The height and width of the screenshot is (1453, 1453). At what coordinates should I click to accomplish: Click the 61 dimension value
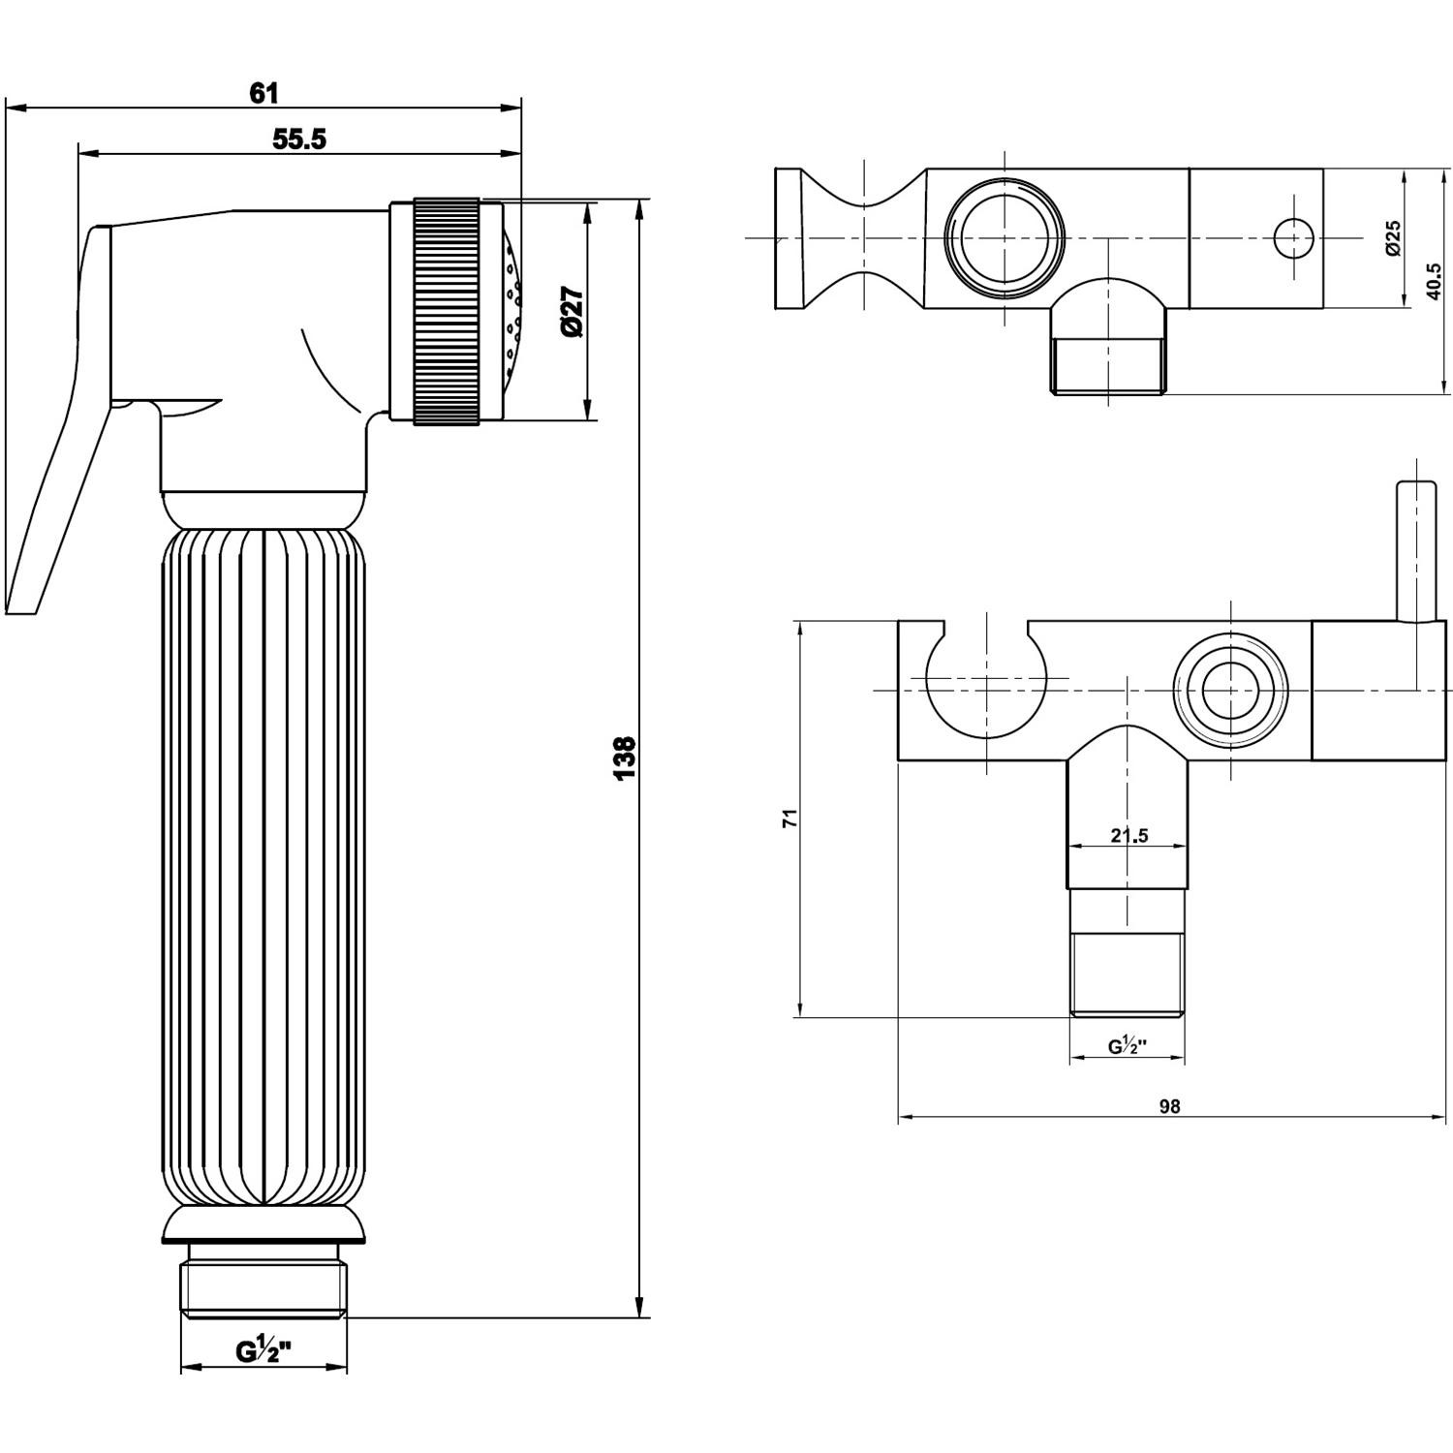click(x=263, y=93)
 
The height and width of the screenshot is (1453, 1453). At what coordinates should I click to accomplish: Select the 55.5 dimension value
click(x=299, y=139)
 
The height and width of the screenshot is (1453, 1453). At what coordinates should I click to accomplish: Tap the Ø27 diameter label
click(x=572, y=312)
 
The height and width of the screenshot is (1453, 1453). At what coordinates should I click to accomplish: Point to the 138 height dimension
click(x=625, y=757)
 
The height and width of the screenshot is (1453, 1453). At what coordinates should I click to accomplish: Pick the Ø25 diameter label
click(x=1392, y=237)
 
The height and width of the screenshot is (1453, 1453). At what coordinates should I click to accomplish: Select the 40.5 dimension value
click(x=1438, y=283)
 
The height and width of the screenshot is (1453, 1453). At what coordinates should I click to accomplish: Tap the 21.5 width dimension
click(x=1128, y=835)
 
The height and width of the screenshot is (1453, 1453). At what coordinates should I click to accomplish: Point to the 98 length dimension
click(x=1169, y=1106)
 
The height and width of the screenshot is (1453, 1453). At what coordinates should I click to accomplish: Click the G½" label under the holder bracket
click(x=1128, y=1046)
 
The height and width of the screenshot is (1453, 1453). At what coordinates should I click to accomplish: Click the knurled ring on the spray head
click(x=447, y=311)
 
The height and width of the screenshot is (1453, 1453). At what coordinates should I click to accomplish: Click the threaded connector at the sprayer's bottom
click(x=263, y=1283)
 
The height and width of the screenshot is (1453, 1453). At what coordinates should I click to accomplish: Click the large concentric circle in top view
click(x=1004, y=238)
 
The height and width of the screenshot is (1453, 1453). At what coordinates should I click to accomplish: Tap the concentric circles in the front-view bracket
click(x=1231, y=691)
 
